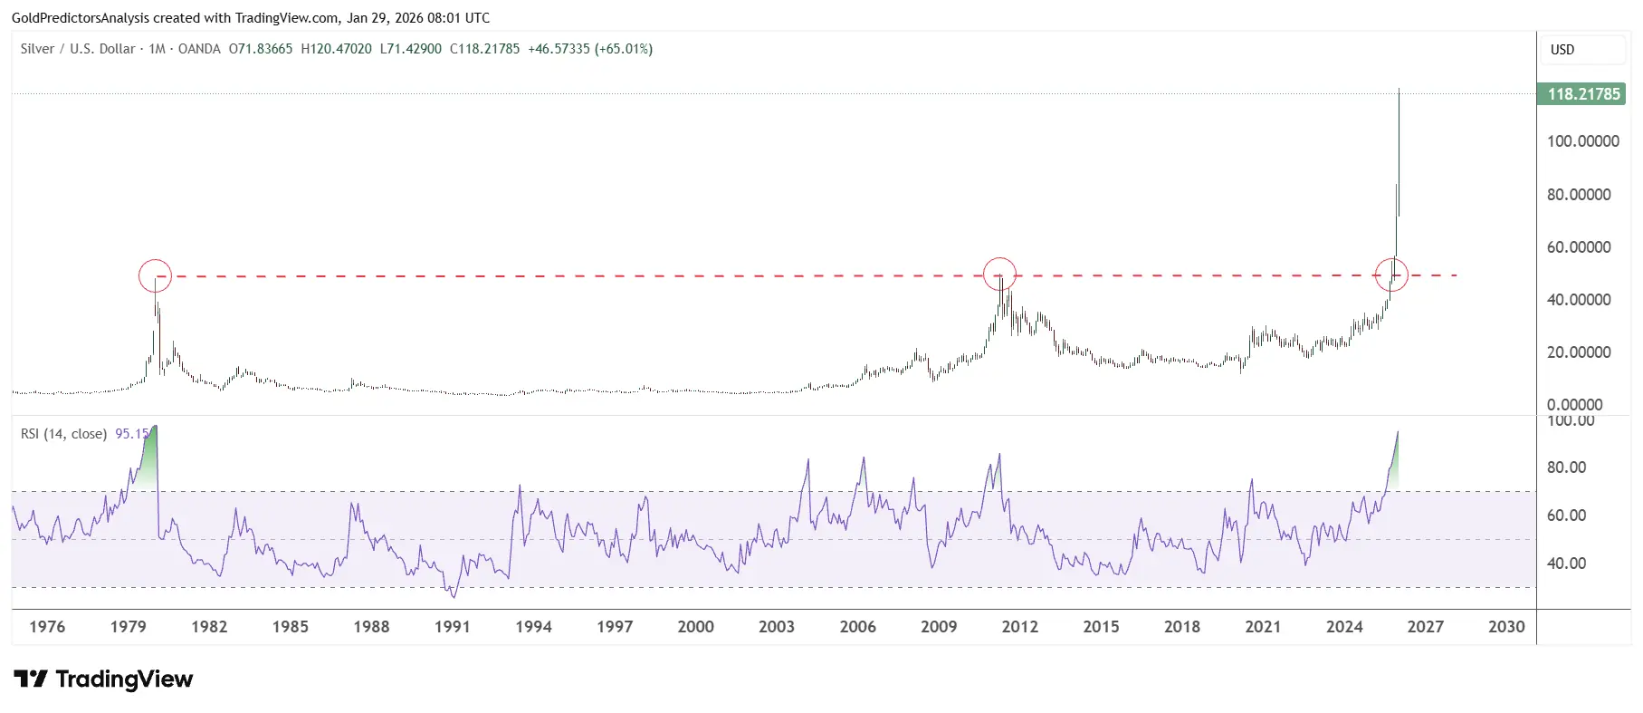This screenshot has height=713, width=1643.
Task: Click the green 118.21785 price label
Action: [1581, 94]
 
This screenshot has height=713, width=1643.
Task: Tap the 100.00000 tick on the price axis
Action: [1582, 141]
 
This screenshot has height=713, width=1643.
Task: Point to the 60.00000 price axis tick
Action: [1579, 247]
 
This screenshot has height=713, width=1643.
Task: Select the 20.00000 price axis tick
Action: [1579, 352]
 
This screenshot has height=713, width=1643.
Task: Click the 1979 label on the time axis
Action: [129, 627]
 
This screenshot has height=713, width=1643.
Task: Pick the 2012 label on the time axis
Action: [1020, 627]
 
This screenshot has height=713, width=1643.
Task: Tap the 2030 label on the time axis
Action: [1506, 627]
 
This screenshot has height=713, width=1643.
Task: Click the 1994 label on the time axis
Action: [533, 627]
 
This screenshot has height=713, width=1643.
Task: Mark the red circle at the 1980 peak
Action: [155, 275]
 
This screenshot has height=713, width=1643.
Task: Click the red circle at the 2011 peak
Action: [999, 274]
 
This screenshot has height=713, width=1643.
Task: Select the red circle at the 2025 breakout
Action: [1391, 275]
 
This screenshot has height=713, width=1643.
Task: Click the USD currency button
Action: [1581, 50]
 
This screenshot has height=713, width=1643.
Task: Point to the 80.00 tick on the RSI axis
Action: [1566, 467]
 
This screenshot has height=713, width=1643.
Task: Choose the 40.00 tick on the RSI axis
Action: [1566, 564]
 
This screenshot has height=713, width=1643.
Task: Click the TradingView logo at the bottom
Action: [103, 679]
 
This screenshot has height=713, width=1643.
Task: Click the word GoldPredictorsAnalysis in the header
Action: [81, 18]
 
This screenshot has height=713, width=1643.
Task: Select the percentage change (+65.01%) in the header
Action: [624, 49]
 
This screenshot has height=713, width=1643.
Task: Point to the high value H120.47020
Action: [336, 49]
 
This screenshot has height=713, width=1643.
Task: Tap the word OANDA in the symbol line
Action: [199, 49]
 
